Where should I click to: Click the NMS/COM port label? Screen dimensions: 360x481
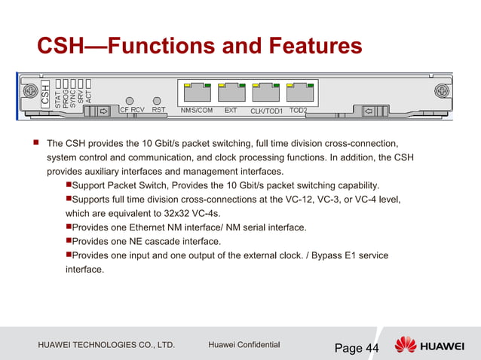(197, 110)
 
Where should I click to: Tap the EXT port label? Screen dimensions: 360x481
(231, 110)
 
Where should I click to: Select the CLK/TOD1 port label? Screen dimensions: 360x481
(266, 111)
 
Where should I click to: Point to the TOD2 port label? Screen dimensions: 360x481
(299, 110)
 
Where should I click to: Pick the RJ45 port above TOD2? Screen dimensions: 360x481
(301, 93)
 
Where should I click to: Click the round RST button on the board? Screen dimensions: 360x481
(158, 100)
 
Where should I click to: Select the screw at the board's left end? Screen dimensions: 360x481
(30, 91)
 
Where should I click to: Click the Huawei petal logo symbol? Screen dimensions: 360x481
(406, 345)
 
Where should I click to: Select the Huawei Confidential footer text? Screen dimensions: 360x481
(244, 345)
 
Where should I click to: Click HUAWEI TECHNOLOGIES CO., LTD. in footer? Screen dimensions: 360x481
(106, 345)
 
